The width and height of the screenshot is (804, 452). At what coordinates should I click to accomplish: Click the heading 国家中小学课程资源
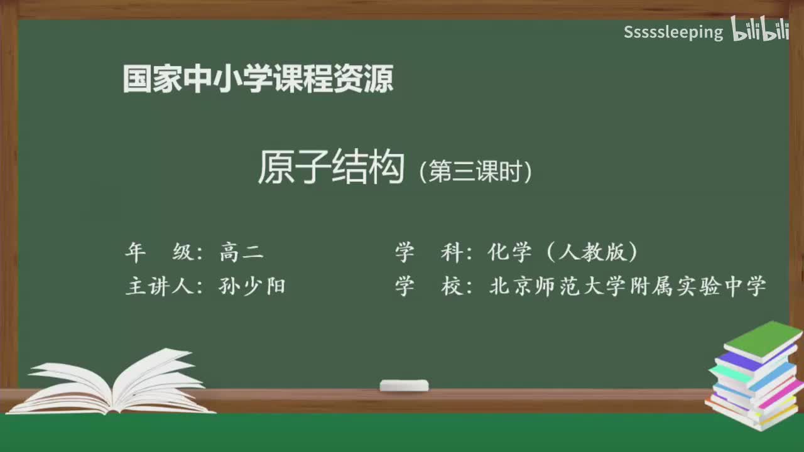pyautogui.click(x=258, y=79)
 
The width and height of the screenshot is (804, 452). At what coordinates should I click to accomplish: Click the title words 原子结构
pyautogui.click(x=330, y=168)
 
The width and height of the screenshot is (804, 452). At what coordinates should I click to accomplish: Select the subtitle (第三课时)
pyautogui.click(x=475, y=171)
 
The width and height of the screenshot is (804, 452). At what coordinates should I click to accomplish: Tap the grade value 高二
pyautogui.click(x=241, y=252)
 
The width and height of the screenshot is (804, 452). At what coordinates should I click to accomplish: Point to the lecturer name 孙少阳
pyautogui.click(x=252, y=286)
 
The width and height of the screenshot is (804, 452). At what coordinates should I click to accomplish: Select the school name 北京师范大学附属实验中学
pyautogui.click(x=627, y=286)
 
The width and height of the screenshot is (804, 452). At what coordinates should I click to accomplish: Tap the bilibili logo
pyautogui.click(x=760, y=30)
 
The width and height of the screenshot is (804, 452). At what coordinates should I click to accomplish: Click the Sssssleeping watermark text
pyautogui.click(x=673, y=32)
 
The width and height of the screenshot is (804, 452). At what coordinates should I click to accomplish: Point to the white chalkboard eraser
pyautogui.click(x=404, y=385)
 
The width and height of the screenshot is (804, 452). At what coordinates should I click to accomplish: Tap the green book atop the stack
pyautogui.click(x=763, y=339)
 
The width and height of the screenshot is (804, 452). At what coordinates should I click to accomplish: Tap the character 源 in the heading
pyautogui.click(x=379, y=79)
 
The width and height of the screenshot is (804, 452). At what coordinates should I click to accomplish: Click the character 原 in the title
pyautogui.click(x=275, y=168)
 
